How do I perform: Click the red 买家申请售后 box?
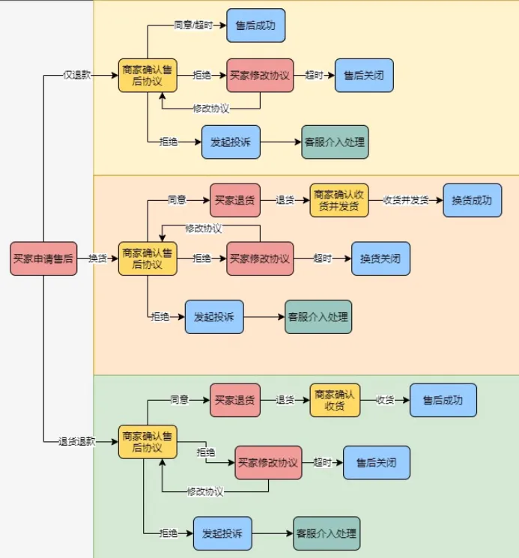click(x=43, y=258)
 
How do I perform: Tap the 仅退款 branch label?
click(x=77, y=76)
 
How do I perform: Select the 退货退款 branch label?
click(x=77, y=441)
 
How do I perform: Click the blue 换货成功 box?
click(x=472, y=200)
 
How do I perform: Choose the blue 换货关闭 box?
click(x=380, y=258)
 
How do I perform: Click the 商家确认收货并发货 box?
click(x=339, y=200)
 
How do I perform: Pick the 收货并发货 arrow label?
click(x=406, y=200)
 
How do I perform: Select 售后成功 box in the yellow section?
click(x=255, y=25)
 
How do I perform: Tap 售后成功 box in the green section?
click(x=443, y=400)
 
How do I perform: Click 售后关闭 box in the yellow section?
click(x=363, y=76)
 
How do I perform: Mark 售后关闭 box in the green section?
click(x=376, y=462)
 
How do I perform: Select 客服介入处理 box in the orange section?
click(x=318, y=317)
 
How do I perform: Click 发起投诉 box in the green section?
click(x=222, y=533)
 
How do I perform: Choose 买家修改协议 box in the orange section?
click(x=260, y=258)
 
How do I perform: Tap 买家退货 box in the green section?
click(x=234, y=400)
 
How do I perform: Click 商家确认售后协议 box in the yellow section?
click(x=148, y=76)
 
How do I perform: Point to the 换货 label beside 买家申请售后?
click(x=97, y=258)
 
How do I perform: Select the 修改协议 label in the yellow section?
click(x=210, y=109)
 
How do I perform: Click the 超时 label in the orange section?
click(x=323, y=258)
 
